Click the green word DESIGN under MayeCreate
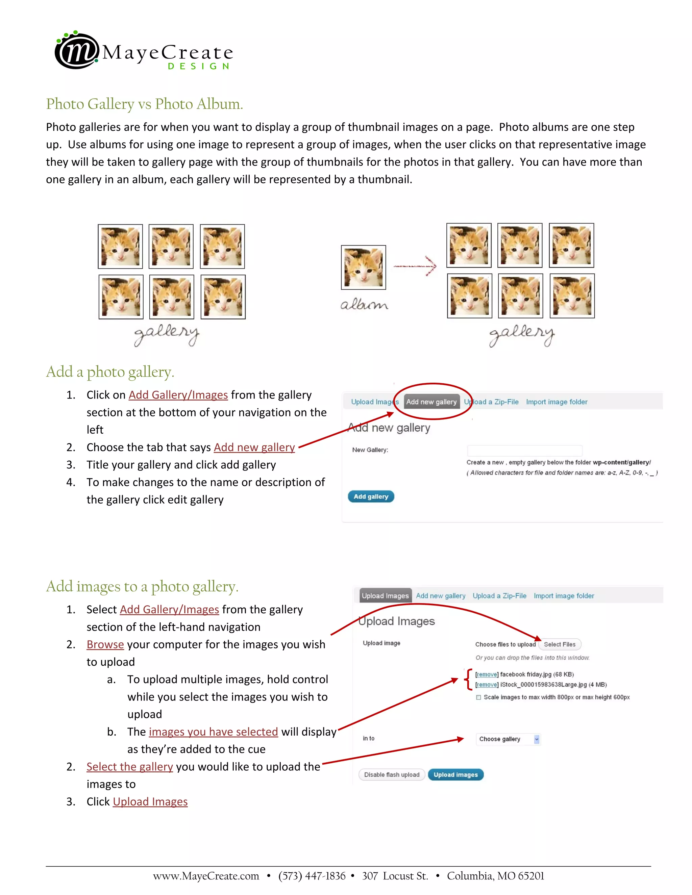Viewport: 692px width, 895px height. point(198,67)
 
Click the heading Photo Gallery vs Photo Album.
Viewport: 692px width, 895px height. point(144,104)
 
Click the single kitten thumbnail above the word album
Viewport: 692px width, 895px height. point(363,267)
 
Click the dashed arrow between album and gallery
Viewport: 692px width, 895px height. point(415,266)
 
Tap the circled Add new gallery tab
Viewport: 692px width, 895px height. point(431,402)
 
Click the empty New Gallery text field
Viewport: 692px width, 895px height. point(524,450)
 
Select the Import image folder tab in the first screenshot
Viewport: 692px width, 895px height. point(556,402)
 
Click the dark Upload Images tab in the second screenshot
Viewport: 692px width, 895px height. point(385,596)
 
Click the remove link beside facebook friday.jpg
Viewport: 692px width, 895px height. point(487,674)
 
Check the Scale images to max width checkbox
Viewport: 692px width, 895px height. point(478,697)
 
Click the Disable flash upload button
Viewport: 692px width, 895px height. point(392,775)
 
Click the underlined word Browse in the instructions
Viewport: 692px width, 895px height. point(105,645)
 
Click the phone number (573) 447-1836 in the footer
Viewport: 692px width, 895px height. point(312,876)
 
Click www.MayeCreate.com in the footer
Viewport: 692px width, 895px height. point(206,876)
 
